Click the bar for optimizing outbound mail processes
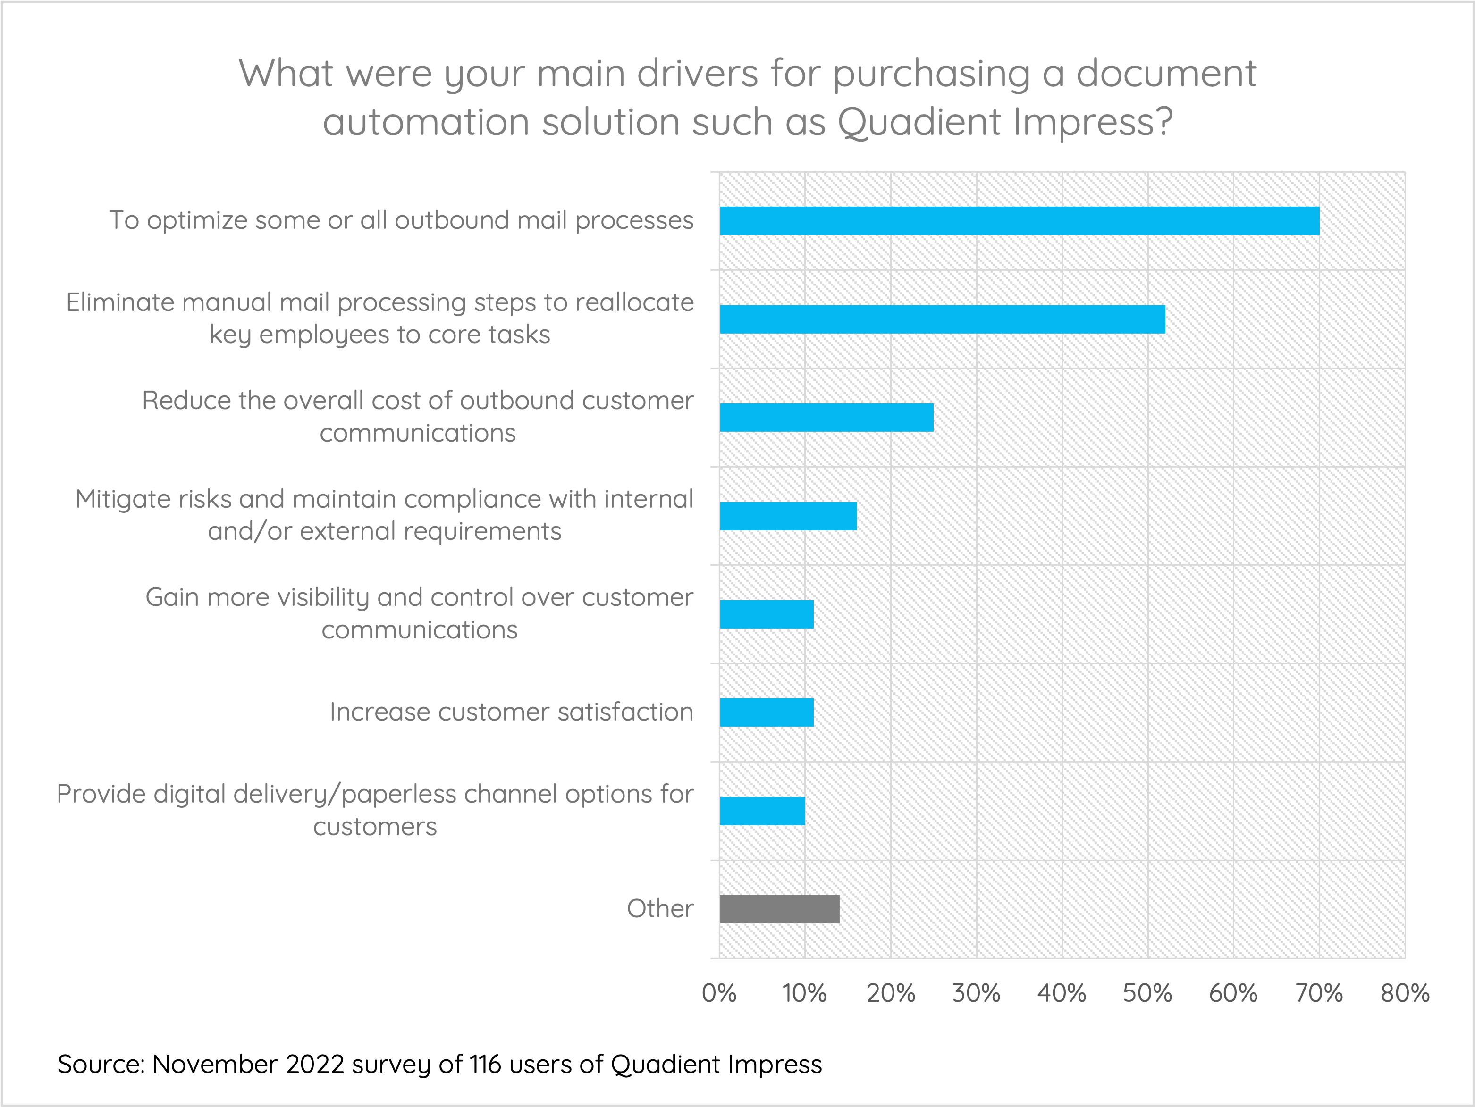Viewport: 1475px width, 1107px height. pos(1019,221)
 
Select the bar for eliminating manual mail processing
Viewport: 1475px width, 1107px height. pos(942,319)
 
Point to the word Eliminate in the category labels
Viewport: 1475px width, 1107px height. pos(120,302)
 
